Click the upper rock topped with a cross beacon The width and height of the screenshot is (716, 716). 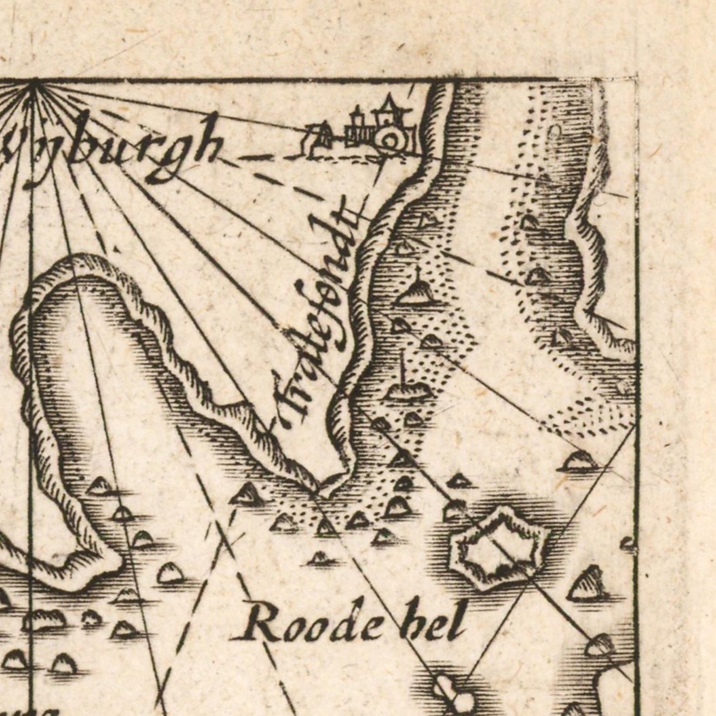416,292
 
